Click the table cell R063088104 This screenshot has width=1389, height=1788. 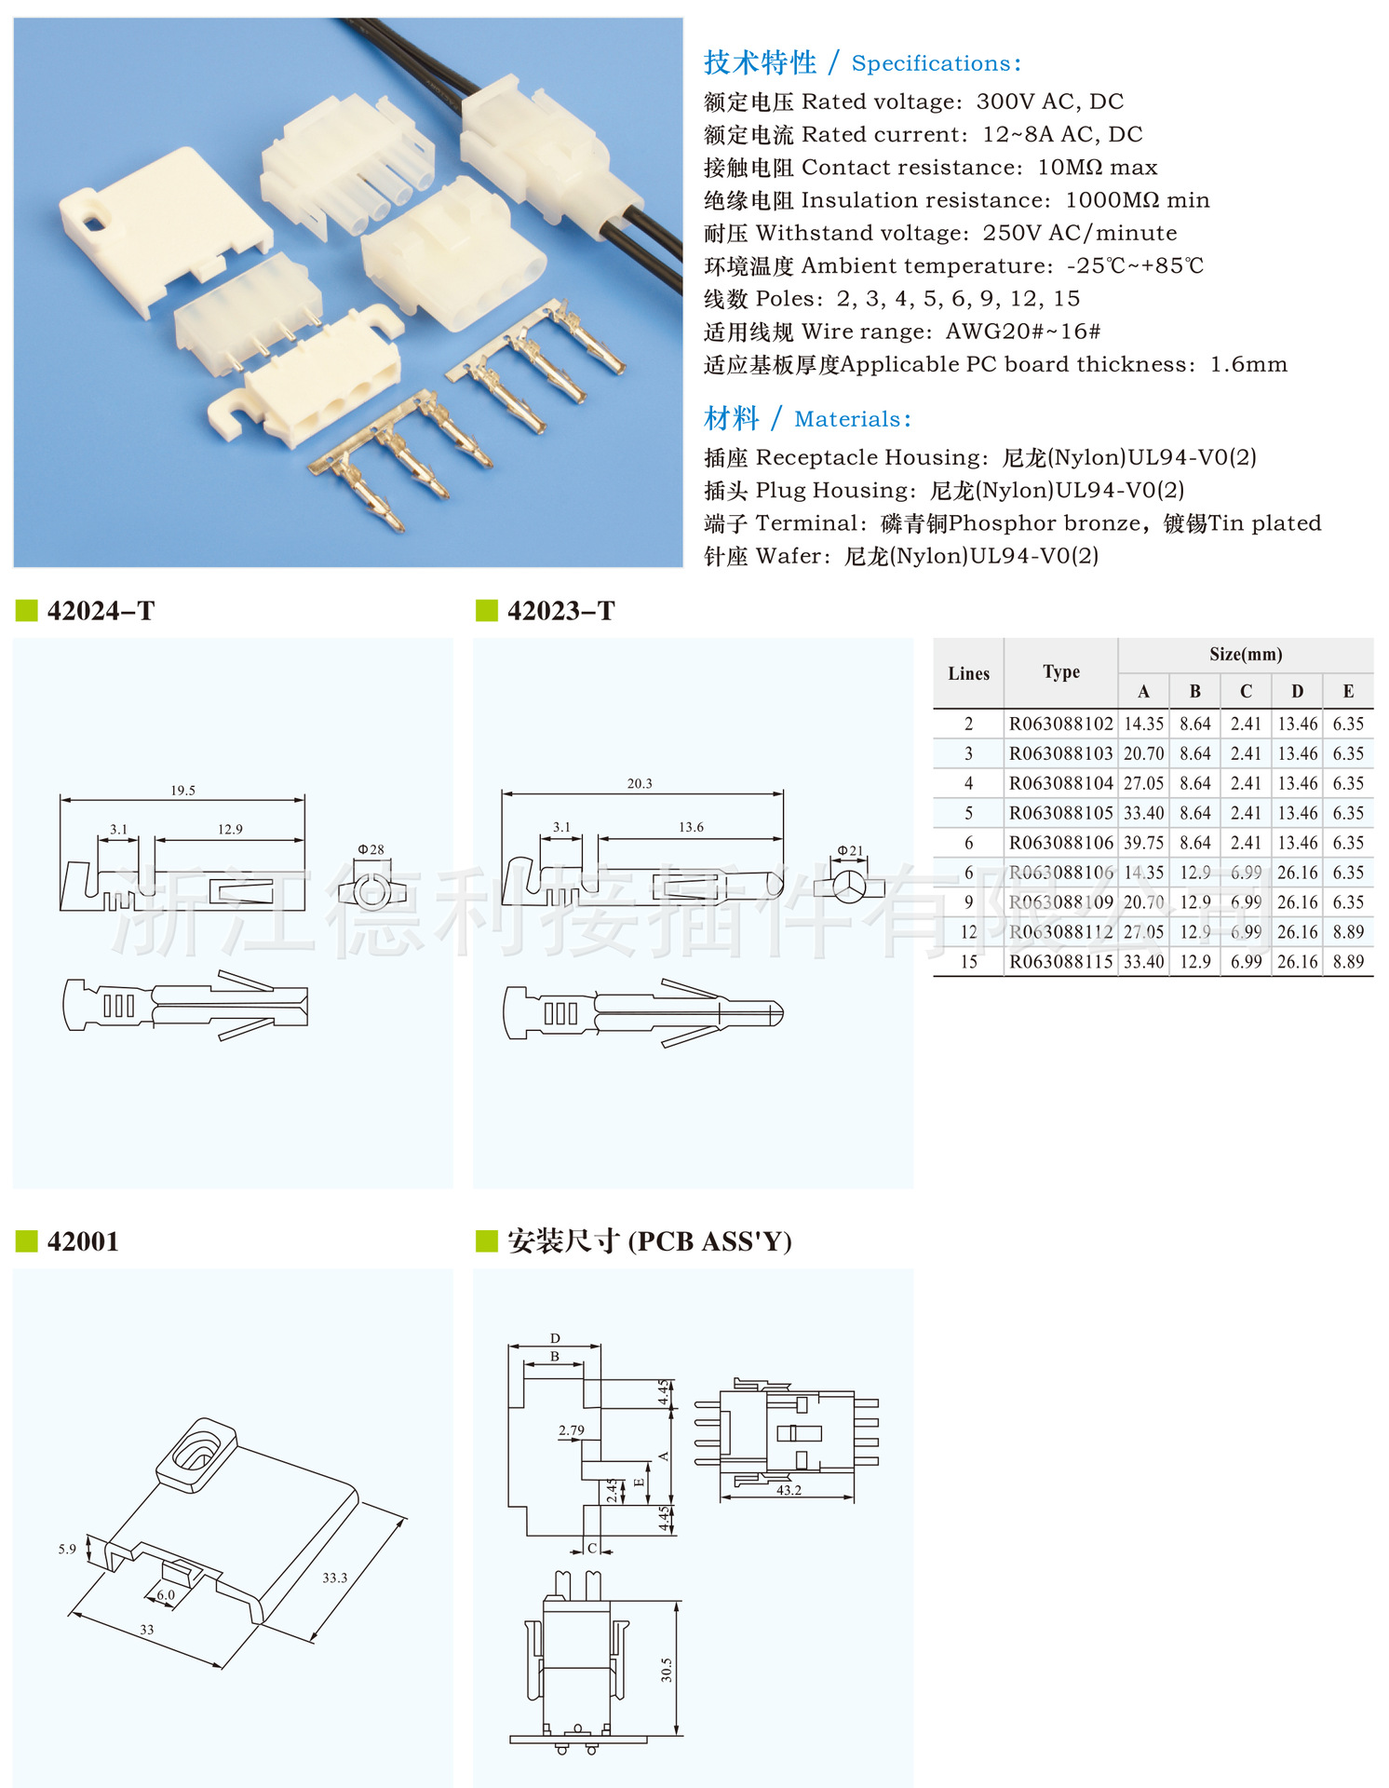tap(1060, 783)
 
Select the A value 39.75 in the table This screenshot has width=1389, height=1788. tap(1143, 843)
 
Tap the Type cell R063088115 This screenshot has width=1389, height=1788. tap(1060, 962)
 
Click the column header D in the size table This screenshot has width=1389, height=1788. tap(1297, 691)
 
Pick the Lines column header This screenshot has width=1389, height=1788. tap(968, 673)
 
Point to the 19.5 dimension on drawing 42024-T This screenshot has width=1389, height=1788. tap(182, 791)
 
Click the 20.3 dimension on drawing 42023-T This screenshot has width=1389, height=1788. tap(640, 784)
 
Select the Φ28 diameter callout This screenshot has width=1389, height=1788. tap(371, 849)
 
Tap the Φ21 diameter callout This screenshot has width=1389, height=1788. tap(850, 850)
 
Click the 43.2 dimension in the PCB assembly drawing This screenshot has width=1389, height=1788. tap(789, 1490)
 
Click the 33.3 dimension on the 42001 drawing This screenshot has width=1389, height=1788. tap(334, 1578)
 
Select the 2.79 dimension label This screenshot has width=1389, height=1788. tap(572, 1430)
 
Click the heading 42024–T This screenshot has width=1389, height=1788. tap(101, 611)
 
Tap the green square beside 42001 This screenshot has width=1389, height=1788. tap(27, 1241)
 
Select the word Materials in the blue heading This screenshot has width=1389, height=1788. tap(847, 419)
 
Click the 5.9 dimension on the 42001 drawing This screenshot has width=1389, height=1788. tap(67, 1550)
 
